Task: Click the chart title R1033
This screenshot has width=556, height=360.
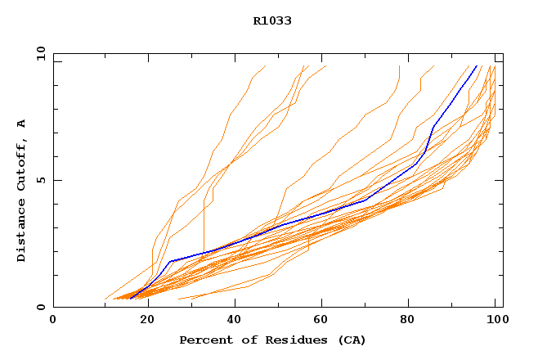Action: [x=272, y=20]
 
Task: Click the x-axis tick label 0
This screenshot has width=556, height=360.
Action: [x=53, y=321]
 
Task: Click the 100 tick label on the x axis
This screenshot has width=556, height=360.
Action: [x=495, y=321]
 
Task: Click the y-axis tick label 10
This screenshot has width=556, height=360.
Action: [x=40, y=53]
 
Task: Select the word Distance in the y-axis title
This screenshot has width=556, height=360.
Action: [x=21, y=232]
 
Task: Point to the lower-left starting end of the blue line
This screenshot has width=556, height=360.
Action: [x=131, y=298]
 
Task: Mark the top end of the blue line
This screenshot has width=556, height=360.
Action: [x=478, y=65]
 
